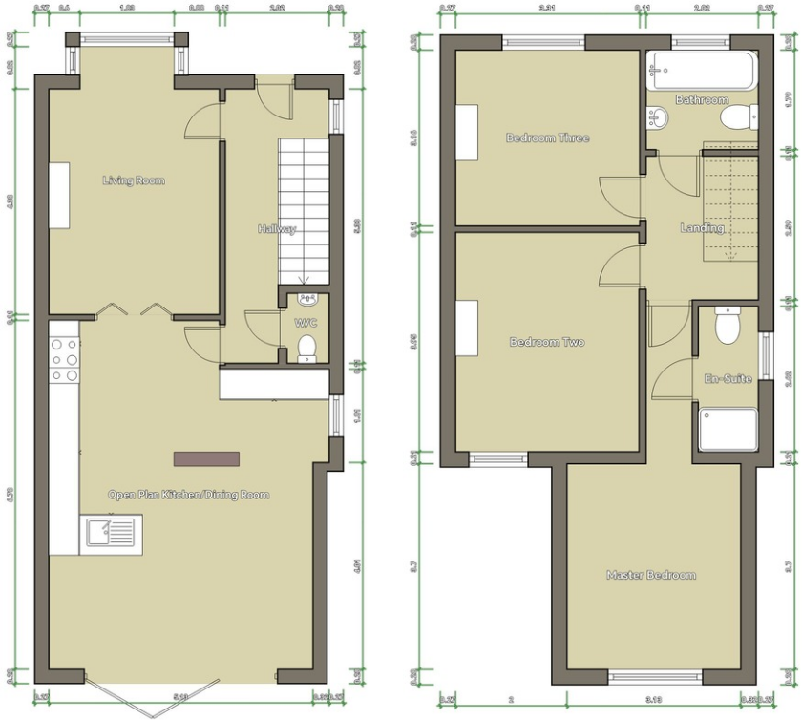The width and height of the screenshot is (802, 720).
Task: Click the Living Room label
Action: pyautogui.click(x=134, y=180)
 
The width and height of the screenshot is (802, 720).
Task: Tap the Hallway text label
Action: pyautogui.click(x=277, y=229)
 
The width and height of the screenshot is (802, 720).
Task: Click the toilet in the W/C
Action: pyautogui.click(x=306, y=348)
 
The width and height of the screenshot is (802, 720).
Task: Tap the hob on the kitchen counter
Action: pyautogui.click(x=64, y=361)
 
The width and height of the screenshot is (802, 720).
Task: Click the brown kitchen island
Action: pyautogui.click(x=205, y=458)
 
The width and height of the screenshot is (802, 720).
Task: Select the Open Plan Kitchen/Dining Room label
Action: pyautogui.click(x=188, y=495)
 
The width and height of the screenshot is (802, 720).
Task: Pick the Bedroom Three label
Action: pyautogui.click(x=547, y=138)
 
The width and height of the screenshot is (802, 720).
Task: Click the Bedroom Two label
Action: pyautogui.click(x=547, y=342)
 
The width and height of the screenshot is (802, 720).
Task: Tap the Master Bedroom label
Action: pyautogui.click(x=651, y=575)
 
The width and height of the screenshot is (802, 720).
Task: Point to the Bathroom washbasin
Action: pyautogui.click(x=657, y=117)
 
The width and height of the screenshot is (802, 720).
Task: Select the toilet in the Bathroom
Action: pyautogui.click(x=739, y=117)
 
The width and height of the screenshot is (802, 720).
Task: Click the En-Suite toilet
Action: pyautogui.click(x=728, y=326)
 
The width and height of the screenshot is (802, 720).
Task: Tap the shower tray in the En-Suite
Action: pyautogui.click(x=728, y=430)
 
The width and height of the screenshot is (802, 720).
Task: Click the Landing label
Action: pyautogui.click(x=702, y=228)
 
